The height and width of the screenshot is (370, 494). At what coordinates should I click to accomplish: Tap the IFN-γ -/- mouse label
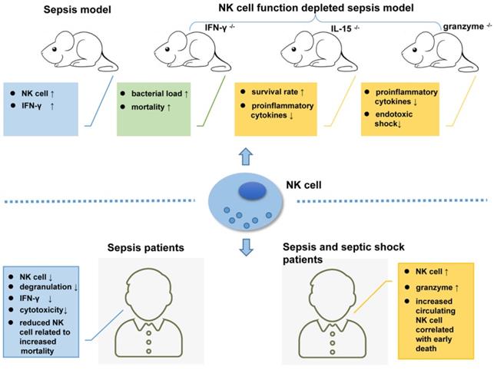pyautogui.click(x=207, y=28)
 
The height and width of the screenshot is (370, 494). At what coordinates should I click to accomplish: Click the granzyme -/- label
pyautogui.click(x=464, y=28)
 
